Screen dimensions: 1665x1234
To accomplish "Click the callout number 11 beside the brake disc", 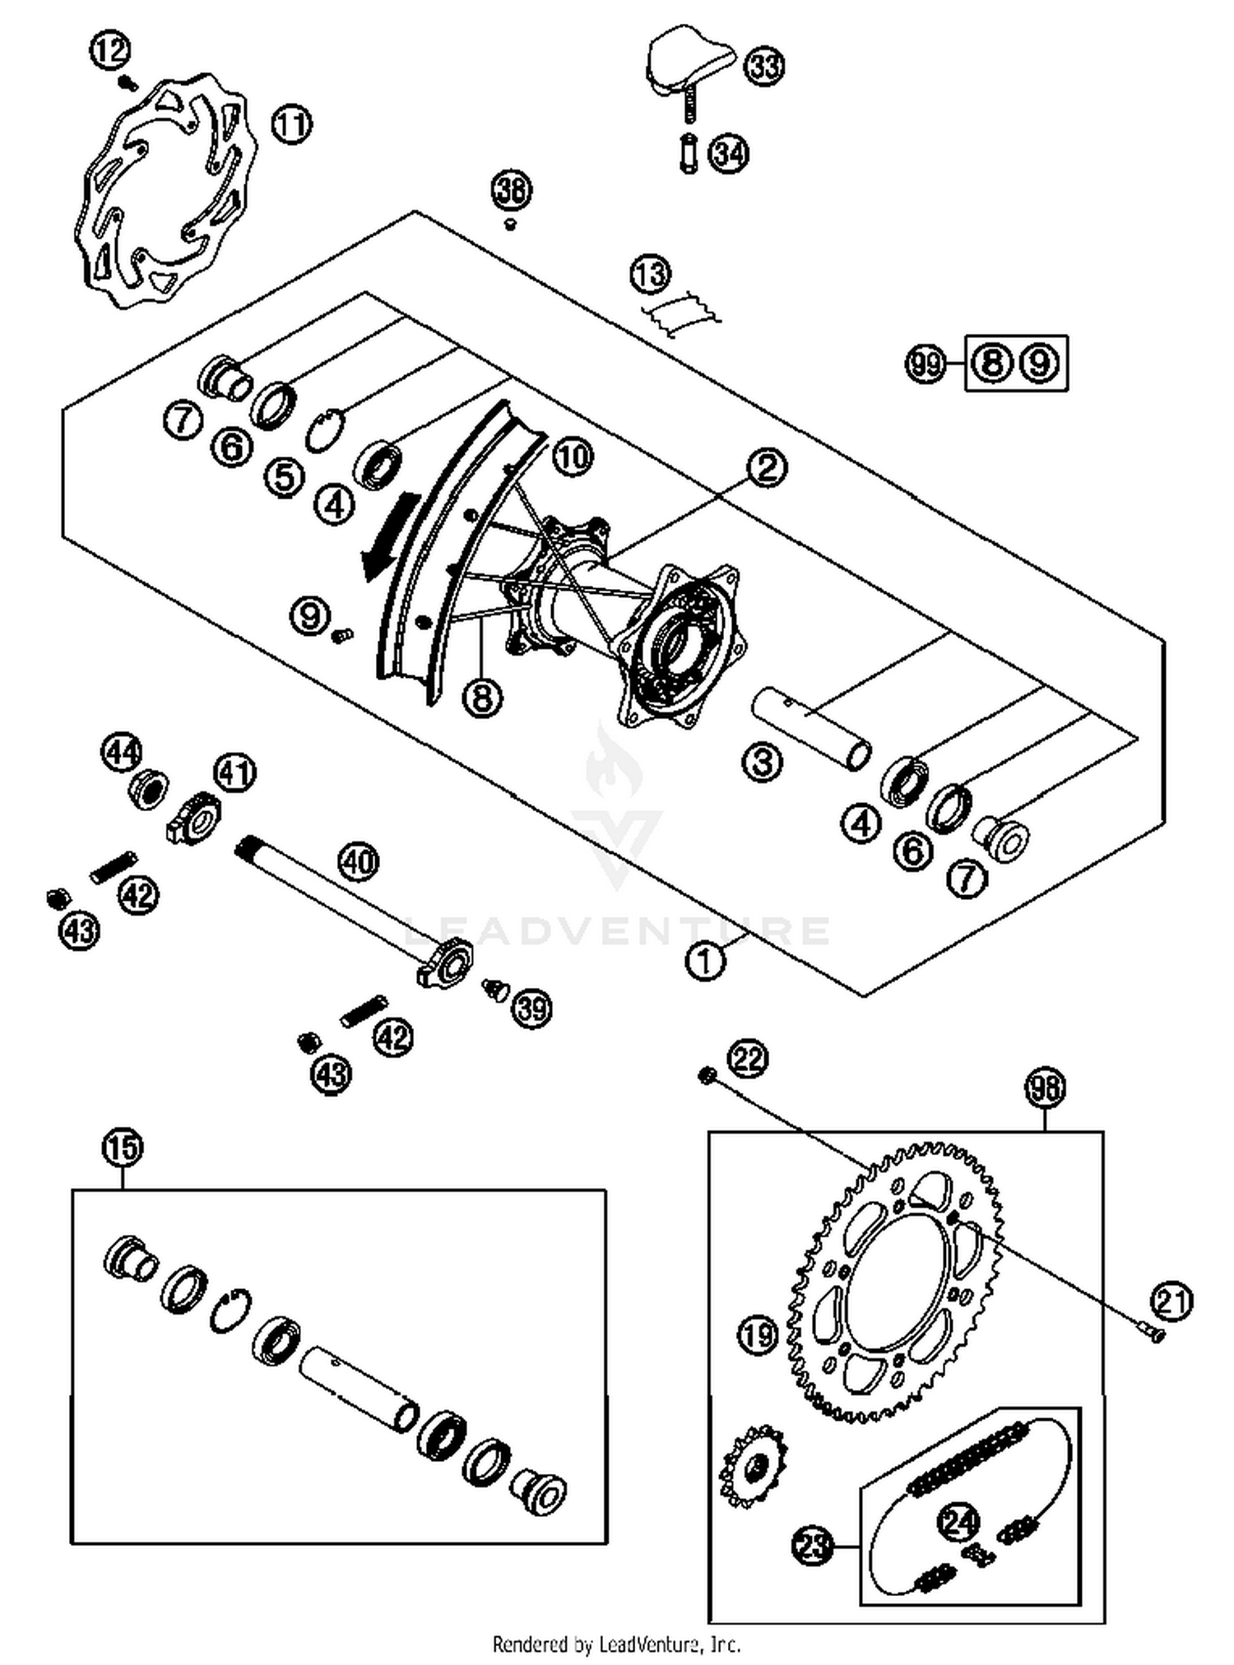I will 292,125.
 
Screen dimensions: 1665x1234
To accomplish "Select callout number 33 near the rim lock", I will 764,66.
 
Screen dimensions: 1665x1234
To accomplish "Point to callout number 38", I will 511,190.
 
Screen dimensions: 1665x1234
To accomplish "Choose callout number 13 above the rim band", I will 651,274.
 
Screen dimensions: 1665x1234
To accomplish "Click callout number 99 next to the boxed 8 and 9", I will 926,363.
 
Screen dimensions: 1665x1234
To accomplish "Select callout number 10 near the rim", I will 573,456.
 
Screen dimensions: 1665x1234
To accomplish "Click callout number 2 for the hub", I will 767,467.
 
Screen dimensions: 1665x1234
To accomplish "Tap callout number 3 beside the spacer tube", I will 762,763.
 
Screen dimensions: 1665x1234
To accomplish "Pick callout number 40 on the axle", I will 359,862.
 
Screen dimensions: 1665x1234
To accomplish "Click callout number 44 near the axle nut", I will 122,753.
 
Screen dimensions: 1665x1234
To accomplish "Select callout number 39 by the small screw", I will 531,1009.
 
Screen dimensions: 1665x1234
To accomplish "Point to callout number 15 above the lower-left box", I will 122,1148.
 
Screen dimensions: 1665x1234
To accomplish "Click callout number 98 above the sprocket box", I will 1045,1088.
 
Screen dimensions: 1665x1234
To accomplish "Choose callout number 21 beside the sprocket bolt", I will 1171,1302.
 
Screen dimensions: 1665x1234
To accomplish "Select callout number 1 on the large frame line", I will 705,961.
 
